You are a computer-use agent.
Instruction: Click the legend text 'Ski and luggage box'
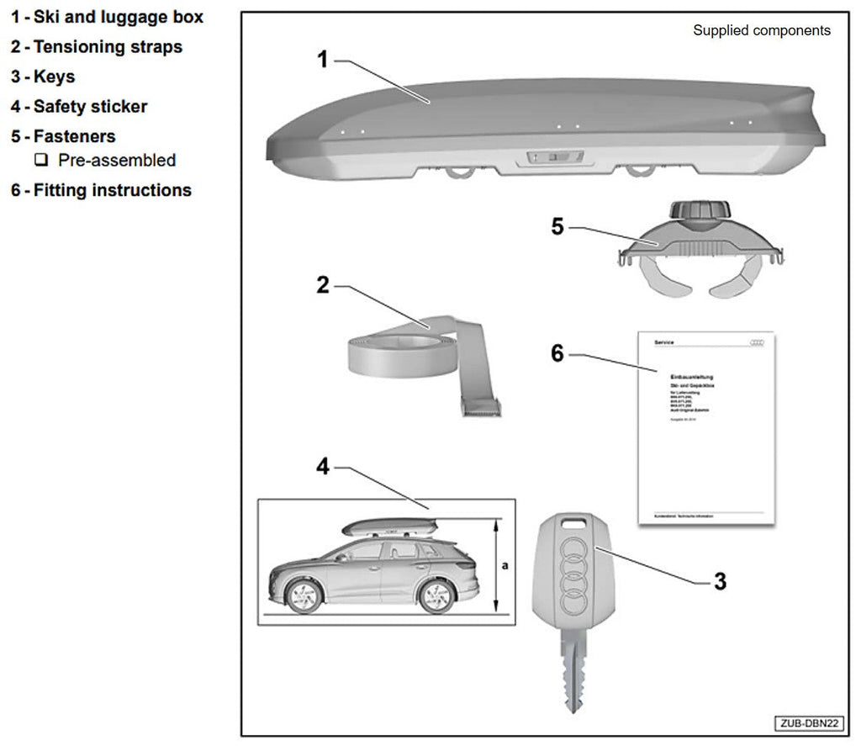[119, 17]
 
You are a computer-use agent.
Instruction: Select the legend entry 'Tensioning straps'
[108, 47]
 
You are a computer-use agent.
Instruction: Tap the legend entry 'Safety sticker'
[90, 107]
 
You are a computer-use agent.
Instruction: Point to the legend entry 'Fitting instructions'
[113, 191]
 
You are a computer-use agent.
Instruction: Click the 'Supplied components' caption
[761, 31]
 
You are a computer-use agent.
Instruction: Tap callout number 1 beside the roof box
[323, 60]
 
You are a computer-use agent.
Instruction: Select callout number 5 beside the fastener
[557, 227]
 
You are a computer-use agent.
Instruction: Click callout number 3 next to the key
[720, 580]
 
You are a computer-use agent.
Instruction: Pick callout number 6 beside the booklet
[557, 352]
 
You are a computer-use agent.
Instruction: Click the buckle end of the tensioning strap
[481, 407]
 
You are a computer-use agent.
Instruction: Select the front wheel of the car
[304, 595]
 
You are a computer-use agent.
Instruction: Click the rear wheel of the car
[436, 595]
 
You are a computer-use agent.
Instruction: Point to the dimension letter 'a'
[504, 566]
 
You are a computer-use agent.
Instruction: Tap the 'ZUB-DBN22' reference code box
[808, 723]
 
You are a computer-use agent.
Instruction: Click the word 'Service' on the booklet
[664, 342]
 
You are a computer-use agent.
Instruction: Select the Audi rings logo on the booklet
[758, 341]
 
